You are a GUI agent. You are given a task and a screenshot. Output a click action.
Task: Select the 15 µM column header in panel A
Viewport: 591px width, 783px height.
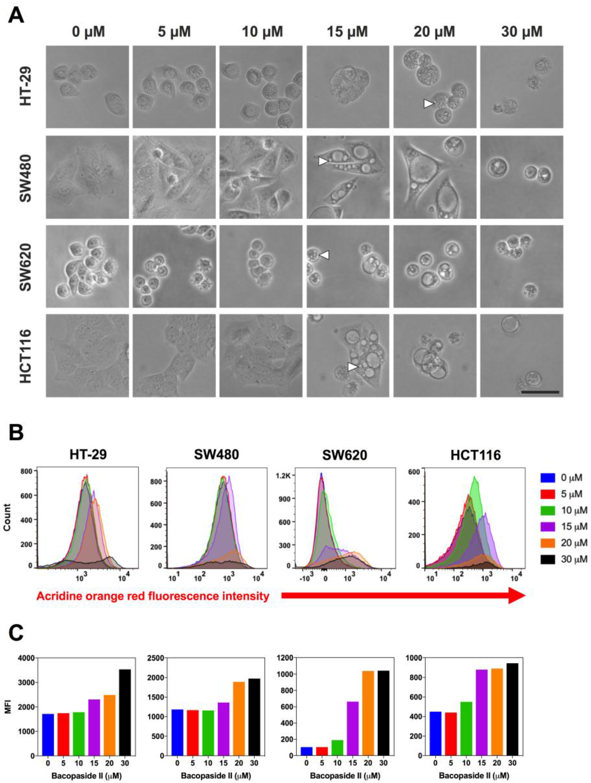pos(347,32)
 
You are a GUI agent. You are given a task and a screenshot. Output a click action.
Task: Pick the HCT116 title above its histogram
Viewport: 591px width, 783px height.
pos(476,455)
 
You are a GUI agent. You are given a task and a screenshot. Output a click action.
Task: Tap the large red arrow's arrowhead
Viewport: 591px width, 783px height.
pos(516,595)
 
